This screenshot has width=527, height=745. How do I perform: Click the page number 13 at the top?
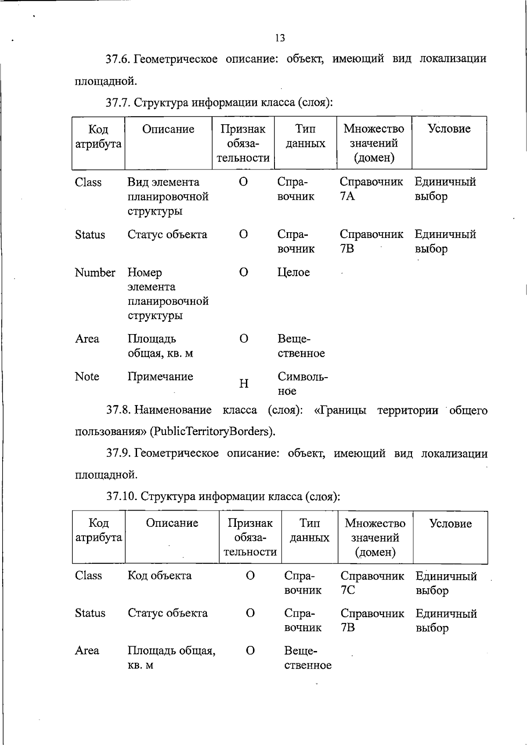click(x=280, y=38)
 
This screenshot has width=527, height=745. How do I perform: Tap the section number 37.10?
click(x=122, y=496)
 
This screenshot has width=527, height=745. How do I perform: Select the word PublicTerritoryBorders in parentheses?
click(x=213, y=431)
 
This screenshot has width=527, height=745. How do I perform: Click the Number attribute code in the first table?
click(x=95, y=273)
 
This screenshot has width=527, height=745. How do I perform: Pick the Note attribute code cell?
click(x=87, y=377)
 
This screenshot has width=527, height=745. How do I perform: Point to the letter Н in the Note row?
click(x=244, y=384)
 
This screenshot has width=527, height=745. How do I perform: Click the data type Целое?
click(x=293, y=273)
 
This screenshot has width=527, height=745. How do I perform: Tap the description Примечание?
click(x=160, y=377)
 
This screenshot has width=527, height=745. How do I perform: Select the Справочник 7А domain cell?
click(x=371, y=189)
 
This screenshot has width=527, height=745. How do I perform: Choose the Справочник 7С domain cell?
click(x=372, y=583)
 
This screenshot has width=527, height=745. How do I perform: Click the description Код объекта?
click(x=159, y=576)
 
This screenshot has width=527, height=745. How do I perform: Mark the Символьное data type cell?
click(x=303, y=384)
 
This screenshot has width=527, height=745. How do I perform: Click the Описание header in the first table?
click(x=168, y=129)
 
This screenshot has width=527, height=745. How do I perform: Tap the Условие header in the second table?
click(x=450, y=523)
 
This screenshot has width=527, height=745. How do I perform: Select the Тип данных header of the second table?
click(x=310, y=530)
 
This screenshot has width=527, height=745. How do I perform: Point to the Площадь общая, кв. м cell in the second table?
click(x=171, y=657)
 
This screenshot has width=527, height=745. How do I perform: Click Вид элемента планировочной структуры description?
click(x=168, y=196)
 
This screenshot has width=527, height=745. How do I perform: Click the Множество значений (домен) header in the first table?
click(x=374, y=143)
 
